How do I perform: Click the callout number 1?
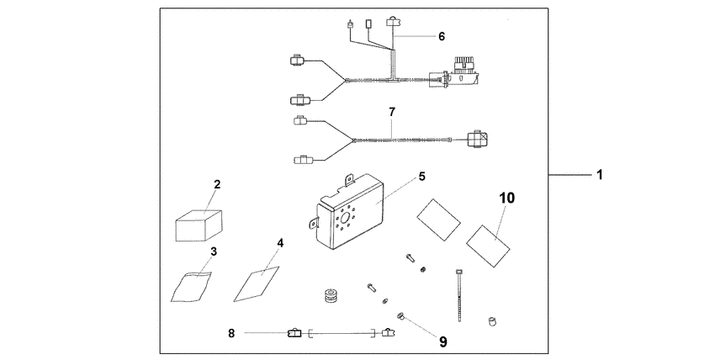coord(599,175)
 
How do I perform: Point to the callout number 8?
coord(231,334)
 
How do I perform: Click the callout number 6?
coord(441,36)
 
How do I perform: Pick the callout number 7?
coord(390,111)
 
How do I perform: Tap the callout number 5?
coord(422,177)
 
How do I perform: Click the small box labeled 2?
coord(199,226)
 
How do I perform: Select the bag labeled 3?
coord(193,283)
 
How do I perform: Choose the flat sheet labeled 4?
coord(257,281)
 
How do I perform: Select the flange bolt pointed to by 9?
coord(402,317)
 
